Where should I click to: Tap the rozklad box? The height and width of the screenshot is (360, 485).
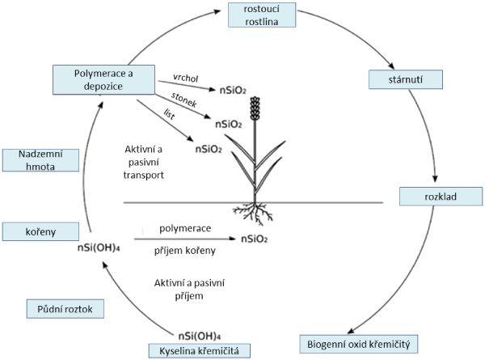tap(441, 197)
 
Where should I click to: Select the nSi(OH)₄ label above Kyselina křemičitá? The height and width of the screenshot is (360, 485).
tap(198, 333)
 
